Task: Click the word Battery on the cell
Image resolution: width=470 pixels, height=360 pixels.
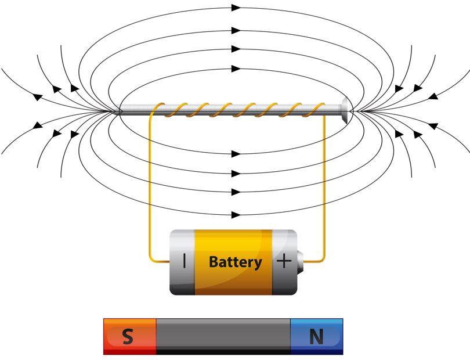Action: [x=235, y=262]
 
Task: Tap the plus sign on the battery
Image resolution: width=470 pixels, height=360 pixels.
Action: [x=284, y=261]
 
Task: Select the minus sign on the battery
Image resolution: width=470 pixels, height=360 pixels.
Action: [x=185, y=261]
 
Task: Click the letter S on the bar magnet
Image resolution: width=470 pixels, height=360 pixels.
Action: [x=128, y=337]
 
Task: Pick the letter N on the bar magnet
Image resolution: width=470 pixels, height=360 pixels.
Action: [x=316, y=337]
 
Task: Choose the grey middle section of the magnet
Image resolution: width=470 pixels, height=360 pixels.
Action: [x=223, y=336]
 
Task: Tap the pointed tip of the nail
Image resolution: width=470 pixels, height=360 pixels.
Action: [x=120, y=110]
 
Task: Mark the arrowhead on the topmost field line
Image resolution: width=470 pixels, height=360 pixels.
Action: [x=236, y=8]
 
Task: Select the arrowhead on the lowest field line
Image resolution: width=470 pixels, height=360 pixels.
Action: [x=236, y=215]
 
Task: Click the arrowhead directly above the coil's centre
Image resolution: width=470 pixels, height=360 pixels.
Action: [x=236, y=69]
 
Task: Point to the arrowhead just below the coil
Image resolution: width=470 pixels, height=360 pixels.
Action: [x=236, y=154]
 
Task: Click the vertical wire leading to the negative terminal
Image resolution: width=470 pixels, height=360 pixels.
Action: [x=150, y=186]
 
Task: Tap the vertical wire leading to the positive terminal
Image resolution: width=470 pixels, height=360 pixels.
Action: [x=324, y=186]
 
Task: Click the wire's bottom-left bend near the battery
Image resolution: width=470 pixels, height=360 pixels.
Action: [x=151, y=260]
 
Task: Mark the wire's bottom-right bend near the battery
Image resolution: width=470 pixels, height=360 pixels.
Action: [x=323, y=260]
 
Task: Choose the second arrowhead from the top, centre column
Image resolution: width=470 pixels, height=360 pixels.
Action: [x=236, y=29]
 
